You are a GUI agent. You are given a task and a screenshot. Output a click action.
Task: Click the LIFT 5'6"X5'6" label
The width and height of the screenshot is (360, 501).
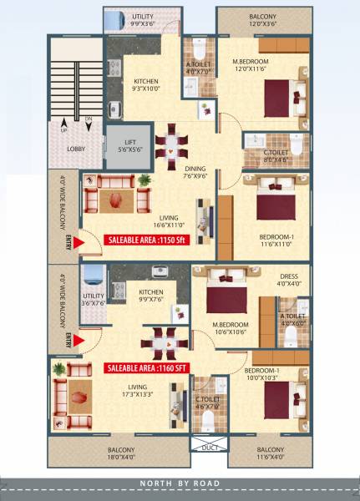[123, 144]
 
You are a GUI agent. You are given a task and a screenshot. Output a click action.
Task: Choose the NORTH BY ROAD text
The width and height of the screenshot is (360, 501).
[180, 483]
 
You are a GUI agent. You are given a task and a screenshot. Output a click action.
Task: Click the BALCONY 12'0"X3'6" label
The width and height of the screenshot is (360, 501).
[262, 20]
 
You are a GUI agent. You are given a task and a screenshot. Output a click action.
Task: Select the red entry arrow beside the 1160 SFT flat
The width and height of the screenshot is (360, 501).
[75, 339]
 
